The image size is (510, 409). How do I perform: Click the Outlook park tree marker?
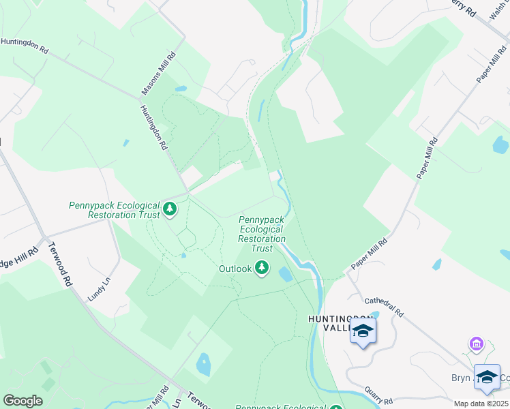(262, 269)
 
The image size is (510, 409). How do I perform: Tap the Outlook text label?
(235, 269)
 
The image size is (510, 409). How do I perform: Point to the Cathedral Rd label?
(385, 305)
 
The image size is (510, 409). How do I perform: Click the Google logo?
(22, 401)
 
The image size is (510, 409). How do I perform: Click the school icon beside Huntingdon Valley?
(363, 332)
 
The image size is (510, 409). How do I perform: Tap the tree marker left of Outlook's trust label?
(169, 210)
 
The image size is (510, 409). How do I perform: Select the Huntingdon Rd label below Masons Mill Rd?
(154, 127)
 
